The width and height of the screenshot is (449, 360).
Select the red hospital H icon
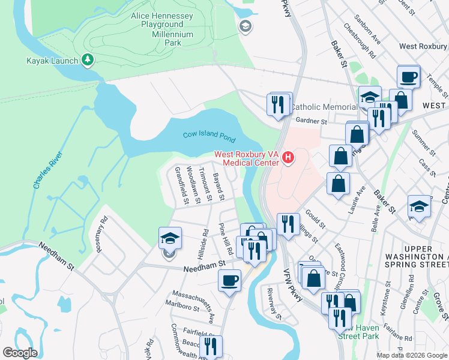tap(288, 158)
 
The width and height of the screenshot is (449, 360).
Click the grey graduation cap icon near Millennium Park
tap(244, 26)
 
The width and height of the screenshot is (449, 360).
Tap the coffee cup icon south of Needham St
tap(229, 280)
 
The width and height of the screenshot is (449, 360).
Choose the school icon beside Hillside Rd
tap(170, 239)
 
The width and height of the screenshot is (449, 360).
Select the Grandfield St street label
tap(179, 186)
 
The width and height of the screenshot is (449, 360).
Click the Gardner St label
tap(311, 121)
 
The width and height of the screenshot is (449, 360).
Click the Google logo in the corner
tap(20, 353)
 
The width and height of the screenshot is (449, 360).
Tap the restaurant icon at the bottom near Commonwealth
tap(211, 346)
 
